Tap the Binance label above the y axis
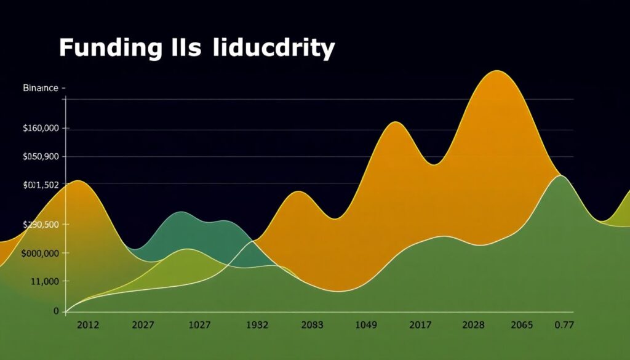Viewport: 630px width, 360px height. coord(40,88)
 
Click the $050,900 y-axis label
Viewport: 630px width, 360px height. coord(41,157)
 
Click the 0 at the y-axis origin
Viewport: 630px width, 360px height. coord(56,311)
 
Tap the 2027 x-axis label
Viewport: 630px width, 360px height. coord(144,325)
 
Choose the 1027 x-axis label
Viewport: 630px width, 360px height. coord(199,325)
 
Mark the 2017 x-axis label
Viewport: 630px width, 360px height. coord(420,325)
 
